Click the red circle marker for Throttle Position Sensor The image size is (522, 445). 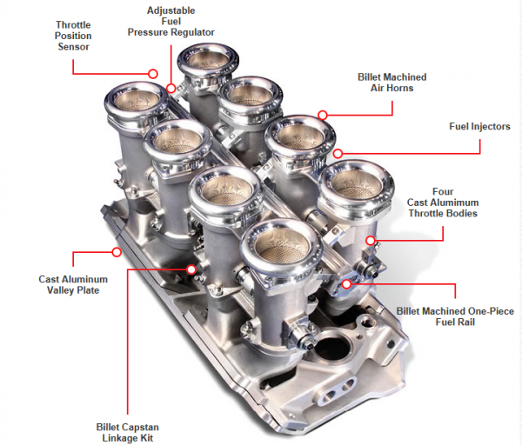click(x=153, y=74)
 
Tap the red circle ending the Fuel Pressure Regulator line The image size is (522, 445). click(x=171, y=88)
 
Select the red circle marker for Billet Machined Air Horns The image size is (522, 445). click(x=322, y=115)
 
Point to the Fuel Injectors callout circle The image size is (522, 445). click(x=338, y=153)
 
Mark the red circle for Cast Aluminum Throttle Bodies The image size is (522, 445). click(x=371, y=240)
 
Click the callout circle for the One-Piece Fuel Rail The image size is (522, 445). click(x=346, y=284)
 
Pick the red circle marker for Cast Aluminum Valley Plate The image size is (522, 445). click(x=117, y=252)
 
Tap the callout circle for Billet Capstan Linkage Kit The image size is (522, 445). click(x=191, y=269)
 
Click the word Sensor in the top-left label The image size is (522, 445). click(x=73, y=47)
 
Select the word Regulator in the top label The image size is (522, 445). click(x=194, y=32)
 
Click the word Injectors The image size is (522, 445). click(x=492, y=126)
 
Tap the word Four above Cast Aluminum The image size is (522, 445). click(x=443, y=191)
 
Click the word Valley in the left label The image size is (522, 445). click(x=60, y=290)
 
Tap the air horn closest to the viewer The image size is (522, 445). click(x=281, y=247)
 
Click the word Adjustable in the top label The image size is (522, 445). click(x=171, y=10)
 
